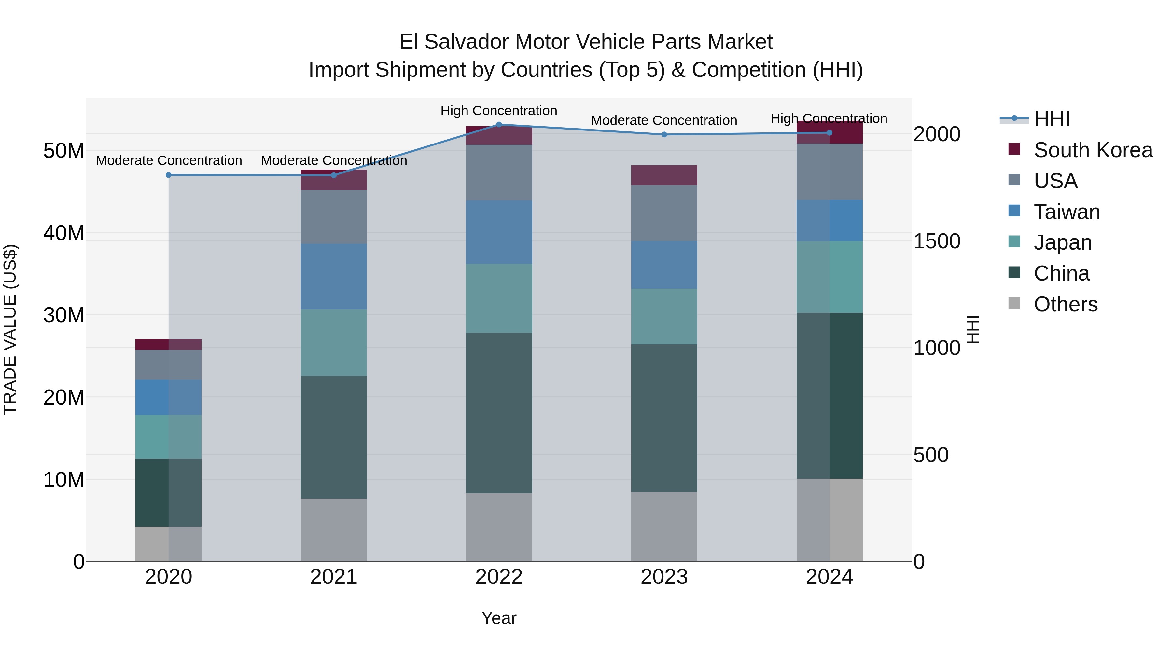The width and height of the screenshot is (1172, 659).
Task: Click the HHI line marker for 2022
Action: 499,125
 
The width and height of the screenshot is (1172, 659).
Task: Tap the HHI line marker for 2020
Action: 168,175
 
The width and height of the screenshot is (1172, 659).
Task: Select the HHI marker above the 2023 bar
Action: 664,135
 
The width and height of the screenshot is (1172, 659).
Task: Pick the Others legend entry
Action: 1065,304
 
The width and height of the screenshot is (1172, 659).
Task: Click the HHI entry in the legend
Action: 1052,119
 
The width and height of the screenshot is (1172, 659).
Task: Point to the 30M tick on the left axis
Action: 64,315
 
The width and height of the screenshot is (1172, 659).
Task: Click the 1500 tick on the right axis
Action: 937,241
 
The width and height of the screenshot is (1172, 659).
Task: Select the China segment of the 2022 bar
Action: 499,413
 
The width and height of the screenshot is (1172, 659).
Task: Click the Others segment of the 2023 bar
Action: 664,527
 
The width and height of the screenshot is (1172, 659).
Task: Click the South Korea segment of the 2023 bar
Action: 664,175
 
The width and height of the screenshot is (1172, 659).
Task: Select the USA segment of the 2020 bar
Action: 168,365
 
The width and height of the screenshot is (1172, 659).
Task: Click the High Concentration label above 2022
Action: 499,111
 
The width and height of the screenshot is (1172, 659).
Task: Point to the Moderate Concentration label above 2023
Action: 664,120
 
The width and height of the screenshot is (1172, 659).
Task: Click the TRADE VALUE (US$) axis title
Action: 10,329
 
